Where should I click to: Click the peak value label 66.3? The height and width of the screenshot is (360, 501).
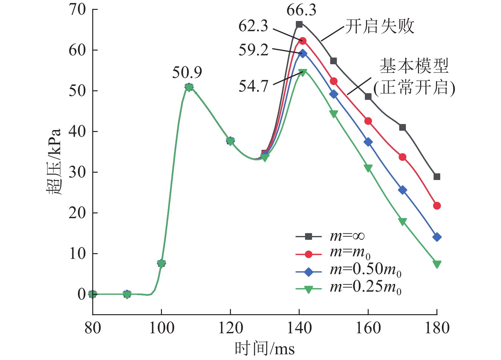coord(301,10)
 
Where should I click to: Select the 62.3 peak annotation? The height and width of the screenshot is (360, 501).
coord(253,26)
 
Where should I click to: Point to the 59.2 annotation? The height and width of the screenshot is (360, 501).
coord(254,50)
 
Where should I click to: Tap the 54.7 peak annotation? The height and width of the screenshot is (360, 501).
coord(254,86)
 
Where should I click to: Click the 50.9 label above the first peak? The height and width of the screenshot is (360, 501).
coord(187,73)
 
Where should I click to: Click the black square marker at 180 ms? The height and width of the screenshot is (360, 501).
coord(437,177)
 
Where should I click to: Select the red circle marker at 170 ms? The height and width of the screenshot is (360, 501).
coord(402,157)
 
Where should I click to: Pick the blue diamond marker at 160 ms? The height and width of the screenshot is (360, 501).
coord(368,142)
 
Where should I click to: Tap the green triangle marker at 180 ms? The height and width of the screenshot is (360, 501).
coord(437,264)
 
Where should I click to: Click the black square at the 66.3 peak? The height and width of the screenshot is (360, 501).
coord(299,24)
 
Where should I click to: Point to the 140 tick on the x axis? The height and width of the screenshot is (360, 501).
coord(299,328)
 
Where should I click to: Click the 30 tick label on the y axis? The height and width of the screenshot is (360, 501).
coord(77,172)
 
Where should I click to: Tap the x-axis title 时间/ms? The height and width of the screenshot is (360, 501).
coord(265,349)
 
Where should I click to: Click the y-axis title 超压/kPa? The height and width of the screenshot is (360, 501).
coord(53,162)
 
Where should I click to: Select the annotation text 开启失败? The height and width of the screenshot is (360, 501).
coord(380,26)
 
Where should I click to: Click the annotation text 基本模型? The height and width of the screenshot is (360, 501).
coord(414,66)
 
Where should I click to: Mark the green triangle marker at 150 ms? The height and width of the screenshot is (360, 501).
coord(334,114)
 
